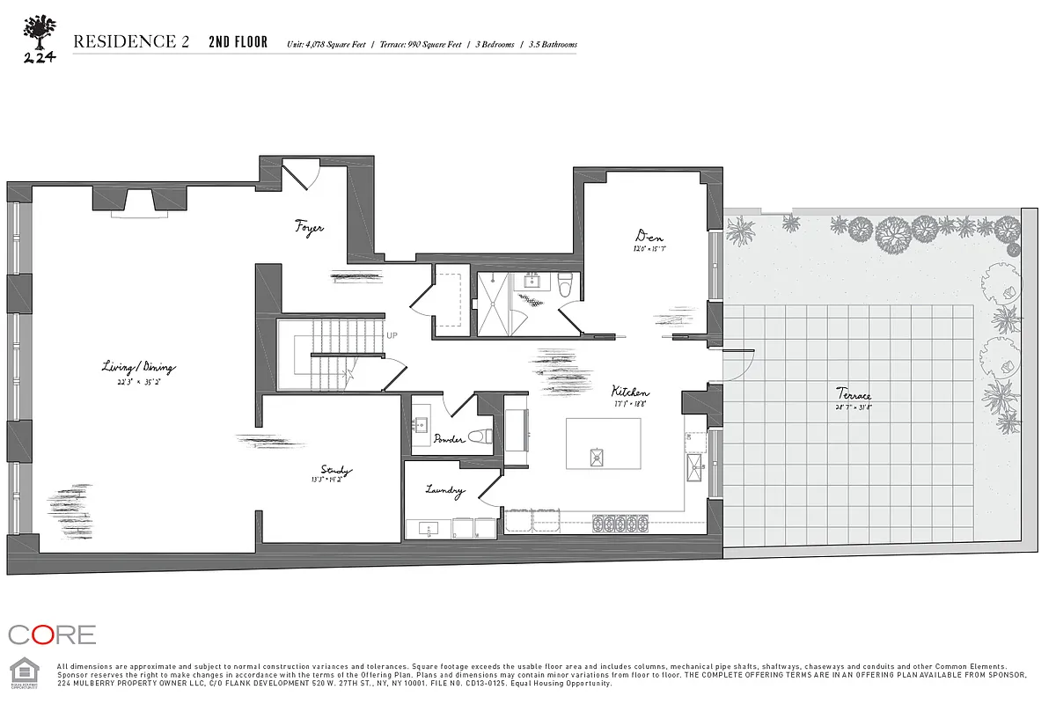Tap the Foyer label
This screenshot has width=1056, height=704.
(x=309, y=228)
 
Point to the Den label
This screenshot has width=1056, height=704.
(x=649, y=236)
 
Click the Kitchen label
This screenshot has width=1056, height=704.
(x=631, y=392)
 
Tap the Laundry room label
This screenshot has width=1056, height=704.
(x=444, y=490)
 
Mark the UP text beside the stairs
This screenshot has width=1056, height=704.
(x=392, y=335)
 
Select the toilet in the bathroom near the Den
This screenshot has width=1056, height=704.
(x=565, y=283)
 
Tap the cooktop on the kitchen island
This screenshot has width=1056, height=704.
(x=598, y=456)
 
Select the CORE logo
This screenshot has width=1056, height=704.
(x=51, y=634)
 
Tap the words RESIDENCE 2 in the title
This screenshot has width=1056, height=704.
(x=131, y=42)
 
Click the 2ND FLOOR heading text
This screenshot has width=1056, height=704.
(x=238, y=42)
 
